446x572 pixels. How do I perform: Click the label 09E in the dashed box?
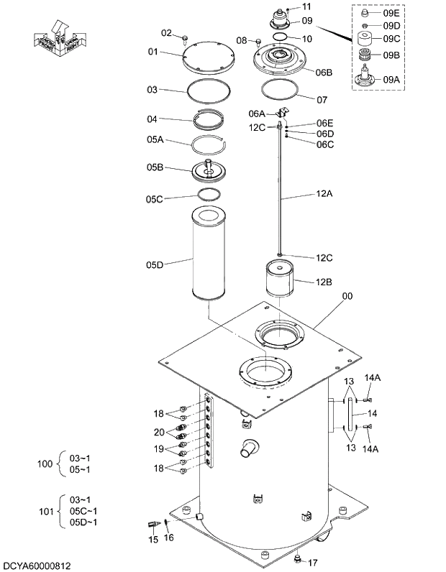(391, 13)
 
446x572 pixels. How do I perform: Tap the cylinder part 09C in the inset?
(367, 40)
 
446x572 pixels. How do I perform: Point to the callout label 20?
(159, 432)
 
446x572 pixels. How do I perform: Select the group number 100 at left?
(45, 463)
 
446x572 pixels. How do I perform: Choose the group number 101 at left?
(45, 512)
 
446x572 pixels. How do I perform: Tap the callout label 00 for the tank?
(347, 295)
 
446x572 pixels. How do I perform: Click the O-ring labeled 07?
(278, 91)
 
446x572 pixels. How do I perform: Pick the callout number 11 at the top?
(306, 6)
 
